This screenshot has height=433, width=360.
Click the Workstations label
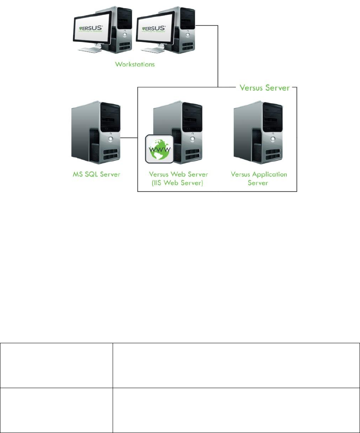(x=135, y=64)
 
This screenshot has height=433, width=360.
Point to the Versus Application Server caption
(x=259, y=178)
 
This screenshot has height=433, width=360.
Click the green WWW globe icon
(x=158, y=149)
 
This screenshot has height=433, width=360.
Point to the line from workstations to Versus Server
(x=218, y=54)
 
